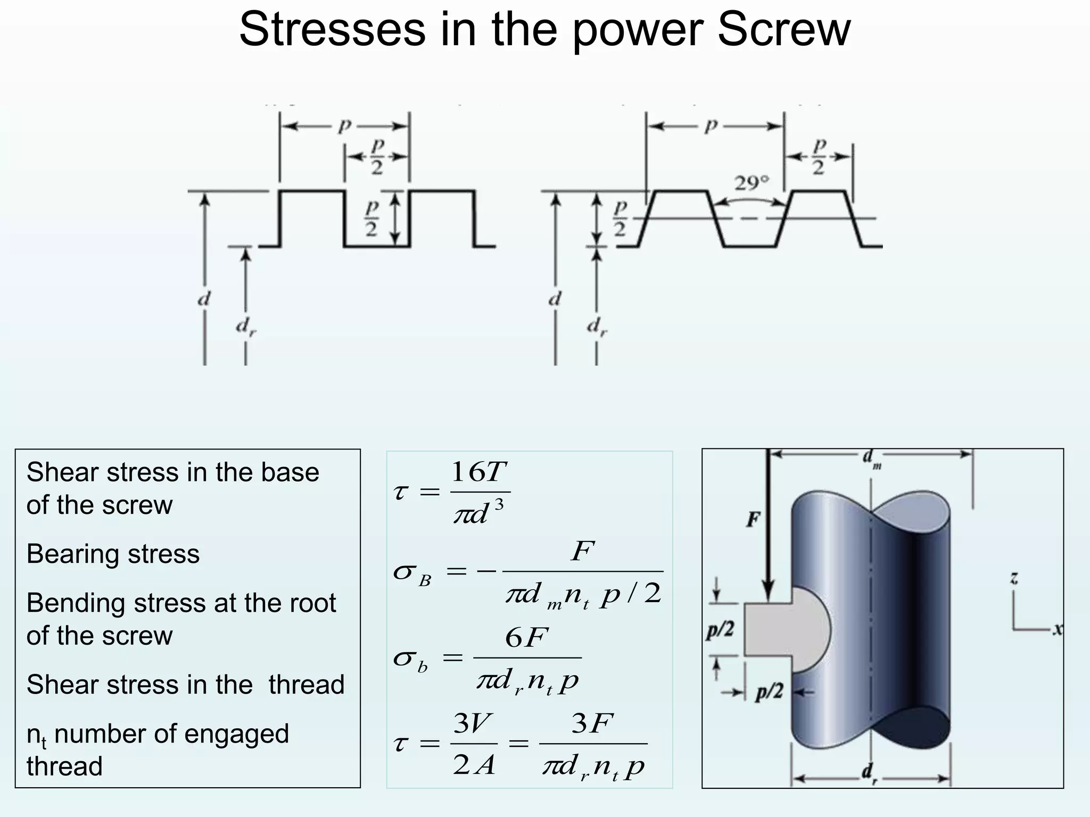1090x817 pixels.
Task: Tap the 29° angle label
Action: (x=752, y=183)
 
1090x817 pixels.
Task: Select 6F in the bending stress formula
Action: (x=526, y=637)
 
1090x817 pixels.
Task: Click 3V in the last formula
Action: (x=473, y=723)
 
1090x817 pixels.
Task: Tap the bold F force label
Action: (x=753, y=519)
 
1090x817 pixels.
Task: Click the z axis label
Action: (x=1014, y=578)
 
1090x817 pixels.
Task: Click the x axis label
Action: (x=1058, y=629)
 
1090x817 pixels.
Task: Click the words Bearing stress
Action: (x=113, y=554)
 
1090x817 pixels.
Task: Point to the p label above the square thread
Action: (x=345, y=126)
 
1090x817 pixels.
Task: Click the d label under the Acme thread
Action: (x=555, y=299)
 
